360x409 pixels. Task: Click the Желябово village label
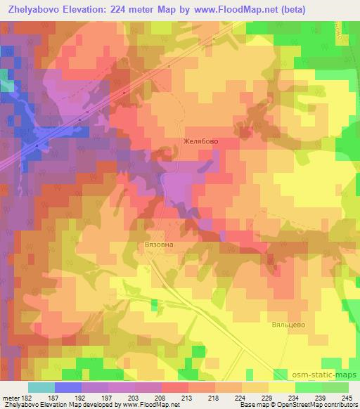(201, 141)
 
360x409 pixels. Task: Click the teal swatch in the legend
(41, 387)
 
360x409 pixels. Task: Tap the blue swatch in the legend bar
(67, 387)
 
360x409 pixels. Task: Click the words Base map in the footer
(250, 405)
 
